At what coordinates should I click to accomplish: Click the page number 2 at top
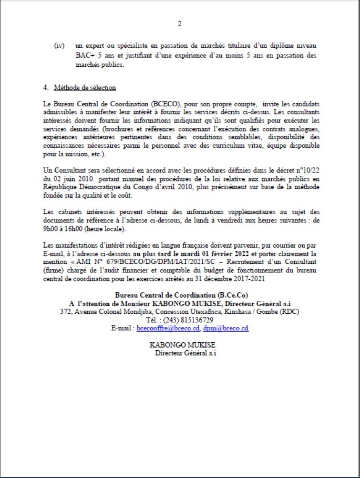[180, 24]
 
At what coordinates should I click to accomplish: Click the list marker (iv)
[59, 46]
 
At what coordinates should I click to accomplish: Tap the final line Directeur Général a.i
[186, 353]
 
